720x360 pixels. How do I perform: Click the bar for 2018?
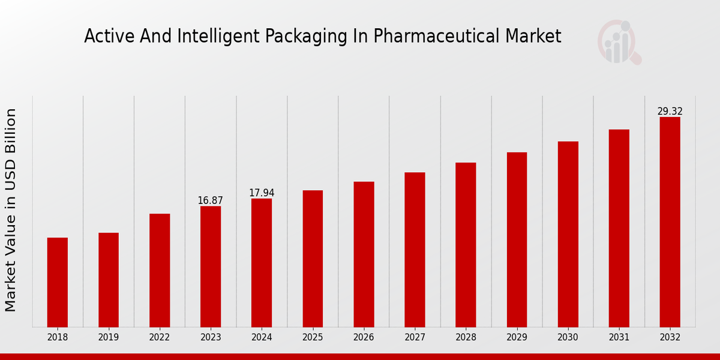click(58, 282)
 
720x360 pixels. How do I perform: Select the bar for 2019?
click(109, 280)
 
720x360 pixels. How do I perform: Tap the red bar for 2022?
click(160, 270)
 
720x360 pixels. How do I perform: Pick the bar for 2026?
click(364, 254)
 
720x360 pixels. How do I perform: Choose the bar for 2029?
click(517, 239)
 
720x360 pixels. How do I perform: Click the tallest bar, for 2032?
click(670, 222)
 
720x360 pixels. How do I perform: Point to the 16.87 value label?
click(211, 200)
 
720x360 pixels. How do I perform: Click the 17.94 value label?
click(262, 193)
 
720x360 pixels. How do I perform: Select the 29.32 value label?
click(670, 112)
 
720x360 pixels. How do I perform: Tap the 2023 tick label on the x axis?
click(211, 338)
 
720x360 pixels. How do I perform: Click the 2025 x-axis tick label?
click(313, 338)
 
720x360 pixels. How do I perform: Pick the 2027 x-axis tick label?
click(415, 338)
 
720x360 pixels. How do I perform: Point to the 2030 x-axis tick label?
click(568, 338)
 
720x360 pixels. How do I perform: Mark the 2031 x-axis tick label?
click(619, 338)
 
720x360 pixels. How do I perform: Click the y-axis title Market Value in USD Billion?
click(11, 210)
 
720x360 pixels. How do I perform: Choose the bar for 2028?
click(466, 244)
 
